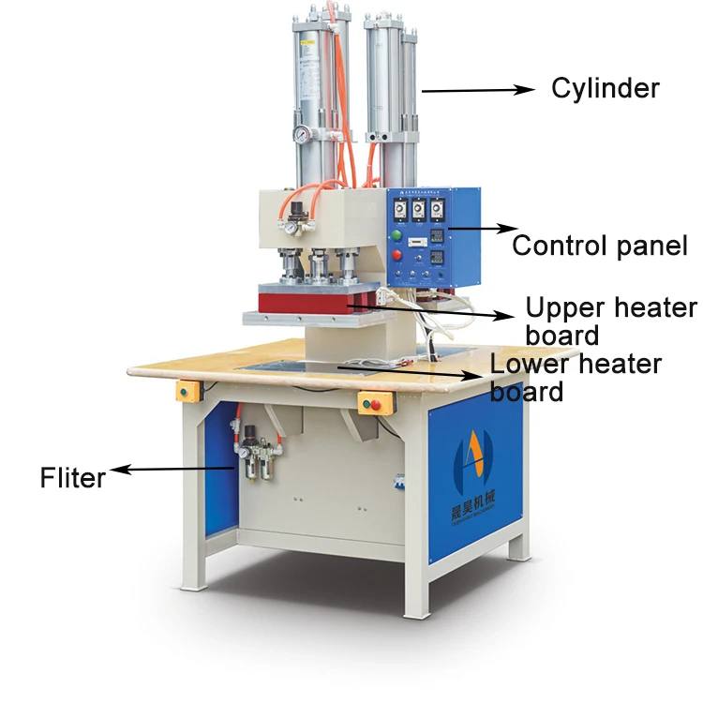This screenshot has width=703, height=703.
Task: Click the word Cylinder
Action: (x=606, y=89)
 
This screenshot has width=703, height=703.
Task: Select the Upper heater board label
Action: (x=610, y=321)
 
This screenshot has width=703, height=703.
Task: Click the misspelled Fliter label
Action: (x=73, y=477)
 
